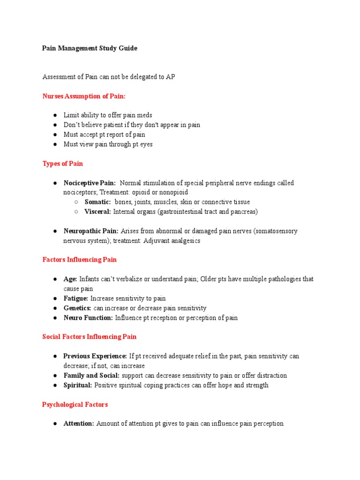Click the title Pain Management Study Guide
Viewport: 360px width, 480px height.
pos(90,48)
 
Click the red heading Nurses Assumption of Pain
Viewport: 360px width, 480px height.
pos(84,96)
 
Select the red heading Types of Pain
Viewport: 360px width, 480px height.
pos(63,164)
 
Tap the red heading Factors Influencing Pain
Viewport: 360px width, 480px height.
pos(80,259)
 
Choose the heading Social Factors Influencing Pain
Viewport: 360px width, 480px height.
pos(90,337)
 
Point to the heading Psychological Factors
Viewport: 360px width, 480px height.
pos(75,404)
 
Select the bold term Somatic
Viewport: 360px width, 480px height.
pos(97,202)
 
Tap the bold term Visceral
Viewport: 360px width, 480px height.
pos(97,211)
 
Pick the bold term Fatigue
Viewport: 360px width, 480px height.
pos(76,298)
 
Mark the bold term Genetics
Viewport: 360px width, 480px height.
pos(77,308)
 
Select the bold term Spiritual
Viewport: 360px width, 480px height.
pos(78,385)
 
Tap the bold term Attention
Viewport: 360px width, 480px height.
pos(79,423)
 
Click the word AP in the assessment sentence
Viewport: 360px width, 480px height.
pos(171,76)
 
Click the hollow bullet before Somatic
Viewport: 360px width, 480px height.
pos(76,202)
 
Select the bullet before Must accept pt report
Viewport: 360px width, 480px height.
pos(55,135)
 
